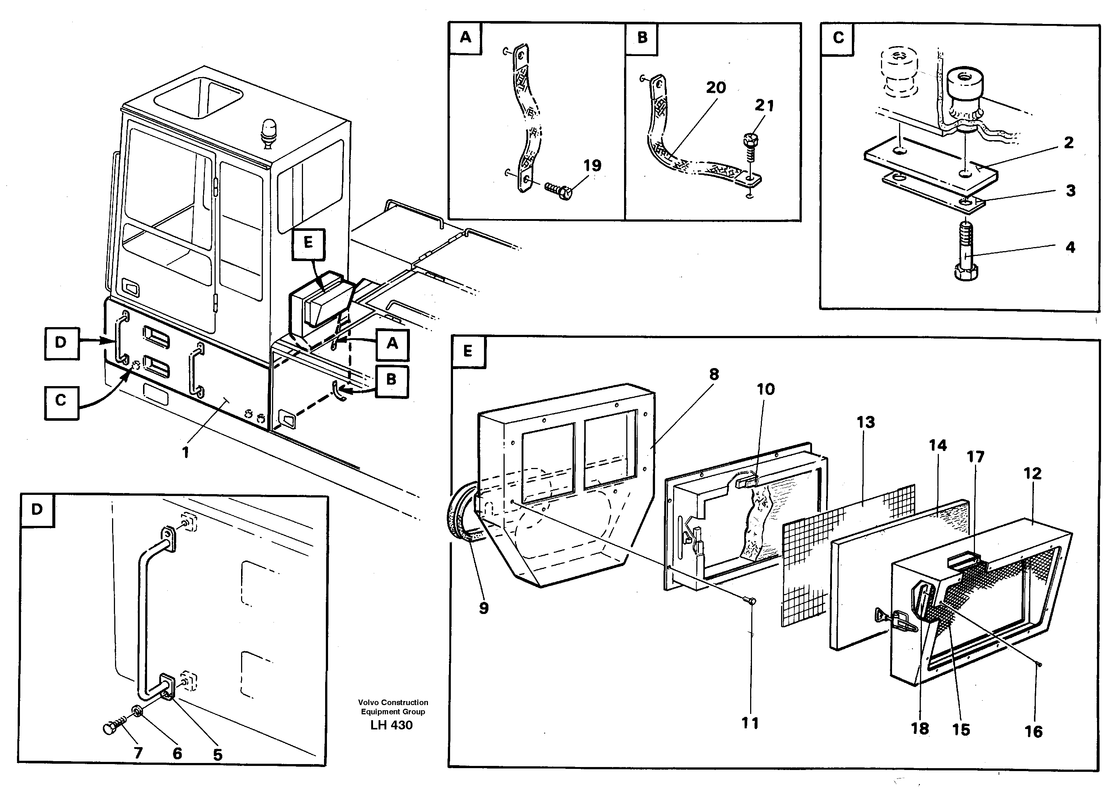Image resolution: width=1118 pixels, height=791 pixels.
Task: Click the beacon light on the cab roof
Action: click(268, 132)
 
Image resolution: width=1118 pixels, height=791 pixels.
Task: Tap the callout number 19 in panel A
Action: click(592, 166)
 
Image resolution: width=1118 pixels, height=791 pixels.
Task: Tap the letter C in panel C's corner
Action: click(838, 38)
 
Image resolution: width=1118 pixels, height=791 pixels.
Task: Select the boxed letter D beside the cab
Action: click(61, 343)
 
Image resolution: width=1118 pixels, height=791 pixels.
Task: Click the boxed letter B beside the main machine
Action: click(391, 379)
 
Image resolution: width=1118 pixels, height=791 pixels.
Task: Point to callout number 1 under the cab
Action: click(185, 452)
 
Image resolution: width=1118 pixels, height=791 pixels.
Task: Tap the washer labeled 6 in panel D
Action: click(138, 712)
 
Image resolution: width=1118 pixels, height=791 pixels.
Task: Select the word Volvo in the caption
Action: click(368, 702)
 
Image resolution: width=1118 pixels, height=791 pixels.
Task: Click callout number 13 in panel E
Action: click(865, 422)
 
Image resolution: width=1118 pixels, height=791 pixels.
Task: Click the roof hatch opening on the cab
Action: click(199, 99)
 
